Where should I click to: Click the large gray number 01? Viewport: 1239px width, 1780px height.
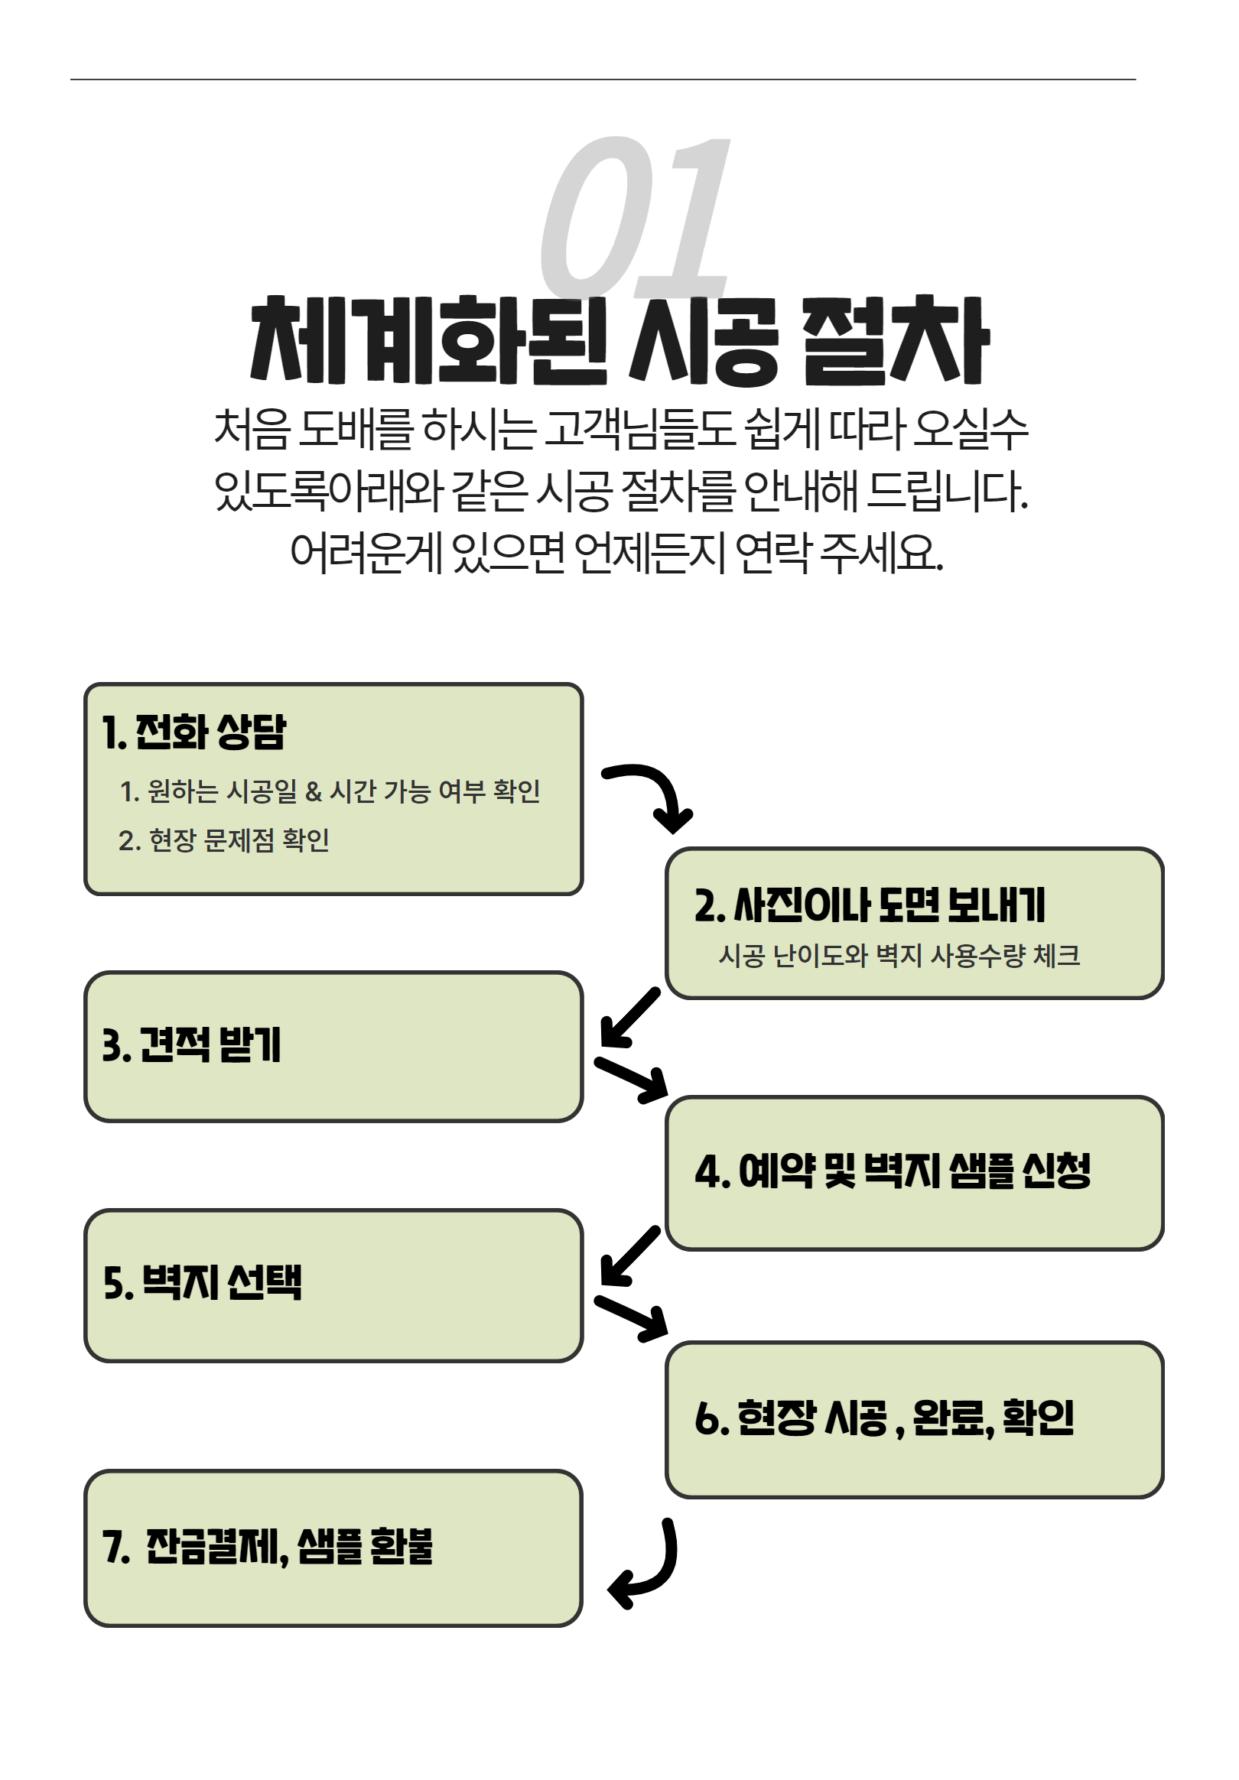click(634, 217)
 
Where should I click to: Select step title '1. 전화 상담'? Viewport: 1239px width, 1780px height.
click(193, 732)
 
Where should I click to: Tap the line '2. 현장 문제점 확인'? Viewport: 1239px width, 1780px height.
click(224, 840)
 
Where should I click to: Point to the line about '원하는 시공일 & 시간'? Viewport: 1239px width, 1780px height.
click(330, 791)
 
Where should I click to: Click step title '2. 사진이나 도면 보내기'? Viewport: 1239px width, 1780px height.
click(870, 905)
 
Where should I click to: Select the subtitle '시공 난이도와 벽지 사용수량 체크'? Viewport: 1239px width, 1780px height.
click(899, 955)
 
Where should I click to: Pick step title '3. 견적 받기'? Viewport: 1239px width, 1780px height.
click(191, 1044)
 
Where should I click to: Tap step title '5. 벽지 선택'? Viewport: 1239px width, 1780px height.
click(203, 1282)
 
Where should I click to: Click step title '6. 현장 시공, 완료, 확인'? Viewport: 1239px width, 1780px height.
click(885, 1418)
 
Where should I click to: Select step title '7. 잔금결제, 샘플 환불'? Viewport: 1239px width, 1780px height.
click(268, 1547)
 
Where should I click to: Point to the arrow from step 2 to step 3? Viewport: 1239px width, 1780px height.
click(629, 1017)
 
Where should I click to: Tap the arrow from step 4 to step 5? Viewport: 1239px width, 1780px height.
click(629, 1256)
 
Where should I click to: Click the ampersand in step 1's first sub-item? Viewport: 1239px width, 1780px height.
click(314, 791)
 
